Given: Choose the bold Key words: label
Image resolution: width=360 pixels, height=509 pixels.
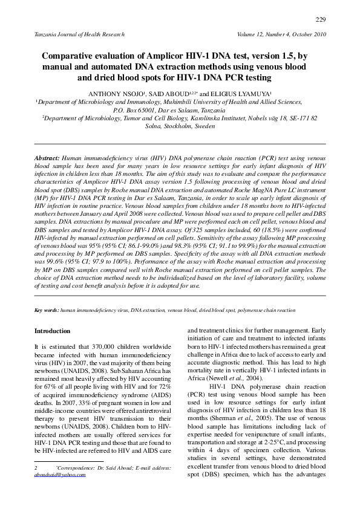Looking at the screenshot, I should coord(47,310).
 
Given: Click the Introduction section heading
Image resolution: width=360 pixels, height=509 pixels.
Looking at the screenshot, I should coord(53,331).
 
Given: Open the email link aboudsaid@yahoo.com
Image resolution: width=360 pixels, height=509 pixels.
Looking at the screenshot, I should coord(60,475).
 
